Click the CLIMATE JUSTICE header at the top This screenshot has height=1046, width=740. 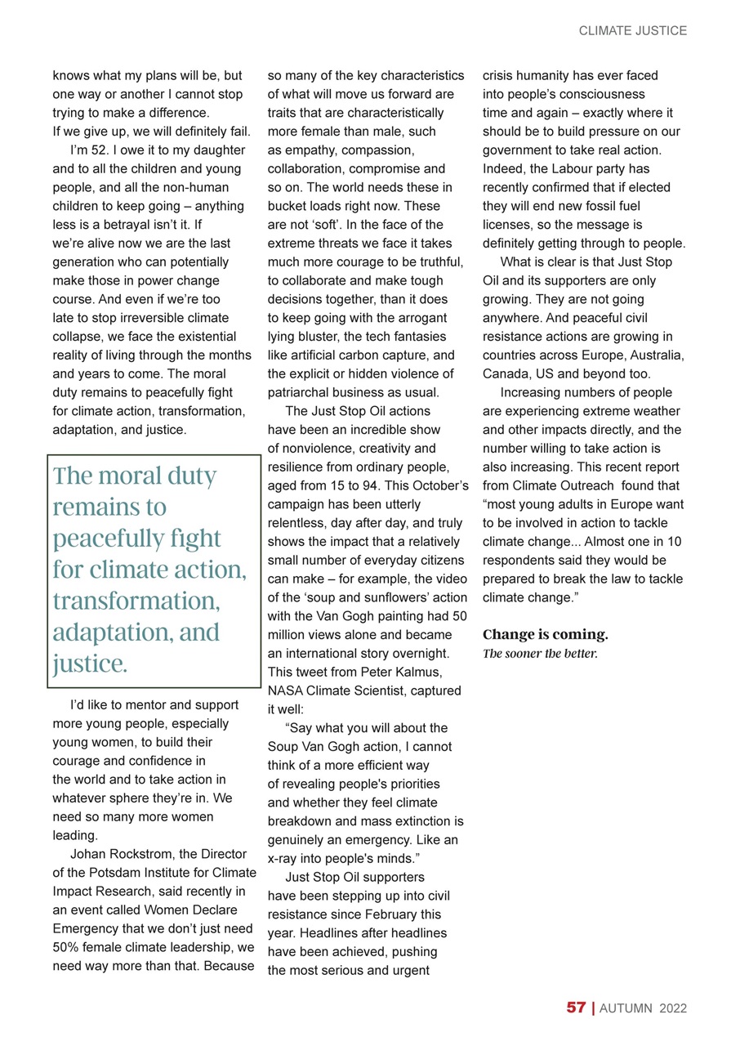point(632,31)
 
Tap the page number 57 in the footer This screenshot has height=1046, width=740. point(576,1008)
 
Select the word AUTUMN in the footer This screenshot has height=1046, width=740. point(625,1008)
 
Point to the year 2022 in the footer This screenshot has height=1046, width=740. point(674,1008)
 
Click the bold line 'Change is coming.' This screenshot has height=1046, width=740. point(545,634)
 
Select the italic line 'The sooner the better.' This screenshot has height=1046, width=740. point(540,653)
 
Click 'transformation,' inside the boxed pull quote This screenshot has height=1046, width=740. point(136,601)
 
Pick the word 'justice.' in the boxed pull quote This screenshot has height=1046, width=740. point(89,664)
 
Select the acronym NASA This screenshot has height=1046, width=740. point(285,691)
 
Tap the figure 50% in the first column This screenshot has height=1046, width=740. point(65,947)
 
